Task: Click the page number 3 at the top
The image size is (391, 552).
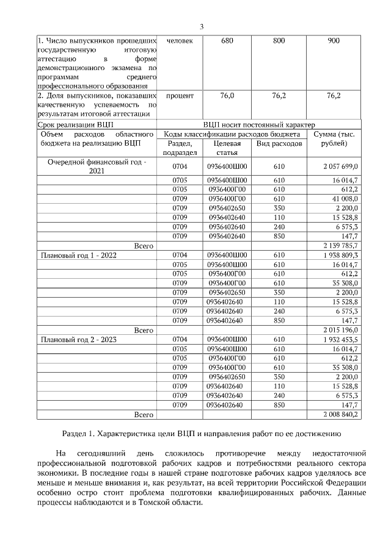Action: click(201, 26)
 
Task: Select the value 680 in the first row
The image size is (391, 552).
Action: click(227, 41)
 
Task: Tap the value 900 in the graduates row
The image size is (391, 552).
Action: click(334, 41)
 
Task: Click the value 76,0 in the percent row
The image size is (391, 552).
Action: click(227, 96)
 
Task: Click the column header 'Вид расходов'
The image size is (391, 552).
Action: click(279, 144)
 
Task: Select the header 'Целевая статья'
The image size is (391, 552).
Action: click(227, 148)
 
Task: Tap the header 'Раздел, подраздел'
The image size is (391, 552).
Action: click(180, 148)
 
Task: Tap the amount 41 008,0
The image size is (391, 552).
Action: click(345, 198)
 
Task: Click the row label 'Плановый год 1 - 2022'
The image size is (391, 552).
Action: click(78, 256)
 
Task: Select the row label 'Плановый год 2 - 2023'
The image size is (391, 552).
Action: click(78, 340)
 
